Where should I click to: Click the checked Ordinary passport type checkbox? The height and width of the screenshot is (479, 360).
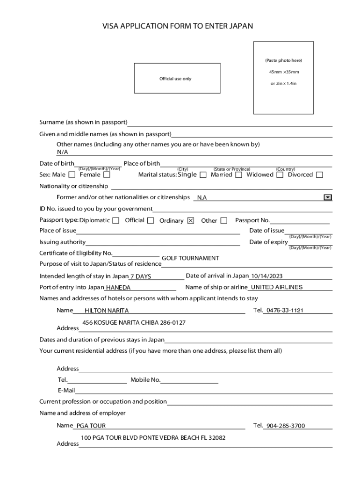point(190,221)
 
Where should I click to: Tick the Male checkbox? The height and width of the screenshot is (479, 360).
point(72,175)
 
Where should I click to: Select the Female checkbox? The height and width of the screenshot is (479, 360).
point(107,175)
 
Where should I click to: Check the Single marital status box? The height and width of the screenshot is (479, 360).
point(203,175)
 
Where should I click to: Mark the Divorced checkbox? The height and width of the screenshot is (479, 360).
point(319,175)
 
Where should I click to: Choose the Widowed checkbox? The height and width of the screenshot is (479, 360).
point(280,175)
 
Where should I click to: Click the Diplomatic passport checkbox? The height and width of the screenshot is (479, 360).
point(116,220)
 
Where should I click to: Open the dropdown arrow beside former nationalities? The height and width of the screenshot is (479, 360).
point(328,197)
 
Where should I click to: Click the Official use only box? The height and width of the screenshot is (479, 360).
point(177,79)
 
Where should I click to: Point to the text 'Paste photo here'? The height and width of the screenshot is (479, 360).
point(283,60)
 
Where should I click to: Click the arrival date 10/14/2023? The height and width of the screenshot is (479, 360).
point(267,276)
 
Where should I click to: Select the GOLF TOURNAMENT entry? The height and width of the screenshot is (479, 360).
point(190,258)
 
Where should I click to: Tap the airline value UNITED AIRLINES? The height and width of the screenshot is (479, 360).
point(277,287)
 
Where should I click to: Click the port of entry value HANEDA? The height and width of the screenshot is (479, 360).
point(118,288)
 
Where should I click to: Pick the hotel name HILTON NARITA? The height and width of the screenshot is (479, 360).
point(107,311)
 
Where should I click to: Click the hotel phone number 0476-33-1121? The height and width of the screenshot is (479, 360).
point(285,310)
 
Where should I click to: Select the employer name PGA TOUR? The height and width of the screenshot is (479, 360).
point(91,426)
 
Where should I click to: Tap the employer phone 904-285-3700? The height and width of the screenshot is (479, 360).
point(285,426)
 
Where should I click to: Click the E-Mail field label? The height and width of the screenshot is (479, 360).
point(66,391)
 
